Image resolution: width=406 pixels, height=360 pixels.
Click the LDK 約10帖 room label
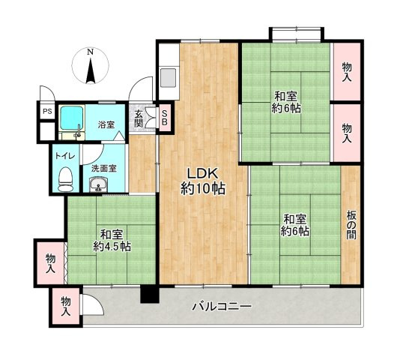[203, 181]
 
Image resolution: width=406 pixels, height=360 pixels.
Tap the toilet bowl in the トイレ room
[65, 179]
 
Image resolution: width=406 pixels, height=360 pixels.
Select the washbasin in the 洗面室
[98, 184]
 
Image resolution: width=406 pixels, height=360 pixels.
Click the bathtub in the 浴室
[72, 118]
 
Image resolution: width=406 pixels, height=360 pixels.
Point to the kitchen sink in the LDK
[169, 77]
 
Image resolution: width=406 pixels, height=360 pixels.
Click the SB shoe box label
[165, 118]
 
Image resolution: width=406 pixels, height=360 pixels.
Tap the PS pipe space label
[47, 112]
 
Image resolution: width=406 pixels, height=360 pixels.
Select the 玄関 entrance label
[139, 118]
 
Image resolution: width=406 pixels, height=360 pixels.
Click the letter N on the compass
[90, 52]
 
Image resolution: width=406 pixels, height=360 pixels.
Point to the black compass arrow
[90, 71]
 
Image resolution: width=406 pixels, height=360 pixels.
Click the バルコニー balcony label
[222, 307]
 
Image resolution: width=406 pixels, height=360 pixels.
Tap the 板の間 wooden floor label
[351, 224]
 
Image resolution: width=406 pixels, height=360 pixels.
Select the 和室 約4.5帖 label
[112, 241]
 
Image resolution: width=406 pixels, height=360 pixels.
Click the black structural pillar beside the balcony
[149, 294]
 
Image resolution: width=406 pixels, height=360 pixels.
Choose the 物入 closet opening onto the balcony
[66, 306]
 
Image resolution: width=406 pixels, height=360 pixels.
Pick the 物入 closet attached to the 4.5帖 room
[50, 262]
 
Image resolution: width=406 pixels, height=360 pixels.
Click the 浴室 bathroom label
[106, 124]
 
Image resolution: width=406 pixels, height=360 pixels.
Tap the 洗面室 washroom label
[104, 169]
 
